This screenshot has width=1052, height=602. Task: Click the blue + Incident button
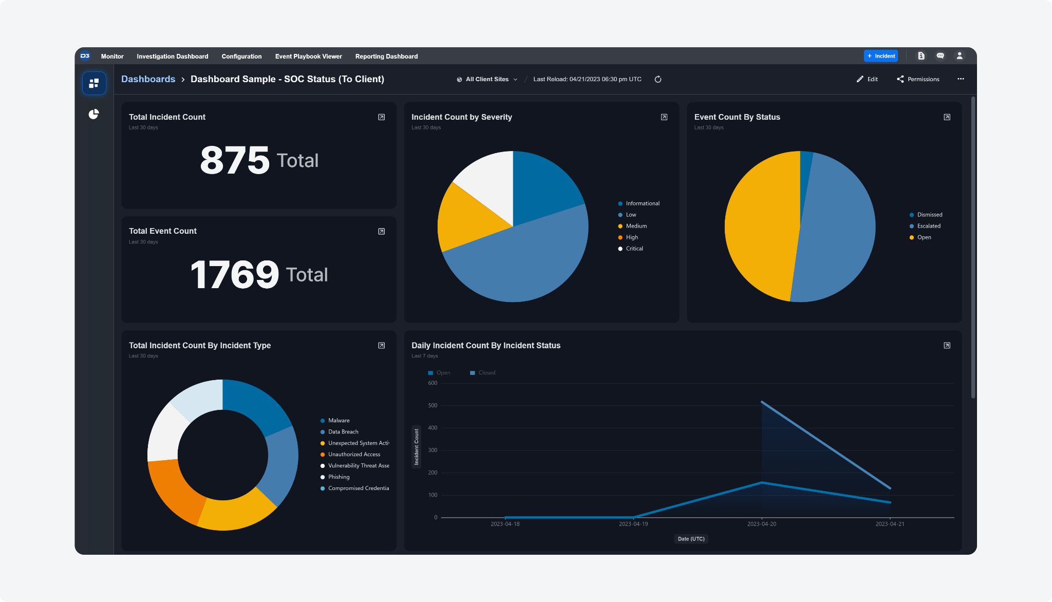(880, 56)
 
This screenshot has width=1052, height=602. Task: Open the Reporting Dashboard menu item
(386, 57)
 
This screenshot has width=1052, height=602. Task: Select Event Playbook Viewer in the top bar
(308, 57)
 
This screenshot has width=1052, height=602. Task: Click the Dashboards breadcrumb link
(148, 79)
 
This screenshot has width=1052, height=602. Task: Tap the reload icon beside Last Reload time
(658, 79)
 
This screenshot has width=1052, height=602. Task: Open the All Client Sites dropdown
(487, 79)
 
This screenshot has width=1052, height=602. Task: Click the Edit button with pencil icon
(867, 79)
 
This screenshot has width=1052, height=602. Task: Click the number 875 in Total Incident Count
(235, 160)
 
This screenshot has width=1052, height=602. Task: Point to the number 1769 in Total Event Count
(235, 275)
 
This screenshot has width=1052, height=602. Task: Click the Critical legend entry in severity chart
(634, 249)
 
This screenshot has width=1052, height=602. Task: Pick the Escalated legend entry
(929, 226)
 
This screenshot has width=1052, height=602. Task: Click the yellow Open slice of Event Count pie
(760, 226)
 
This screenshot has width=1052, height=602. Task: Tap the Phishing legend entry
(339, 477)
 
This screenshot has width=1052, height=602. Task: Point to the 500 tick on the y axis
(433, 405)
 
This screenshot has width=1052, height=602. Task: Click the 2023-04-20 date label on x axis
(761, 524)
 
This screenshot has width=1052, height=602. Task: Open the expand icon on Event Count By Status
(947, 117)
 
